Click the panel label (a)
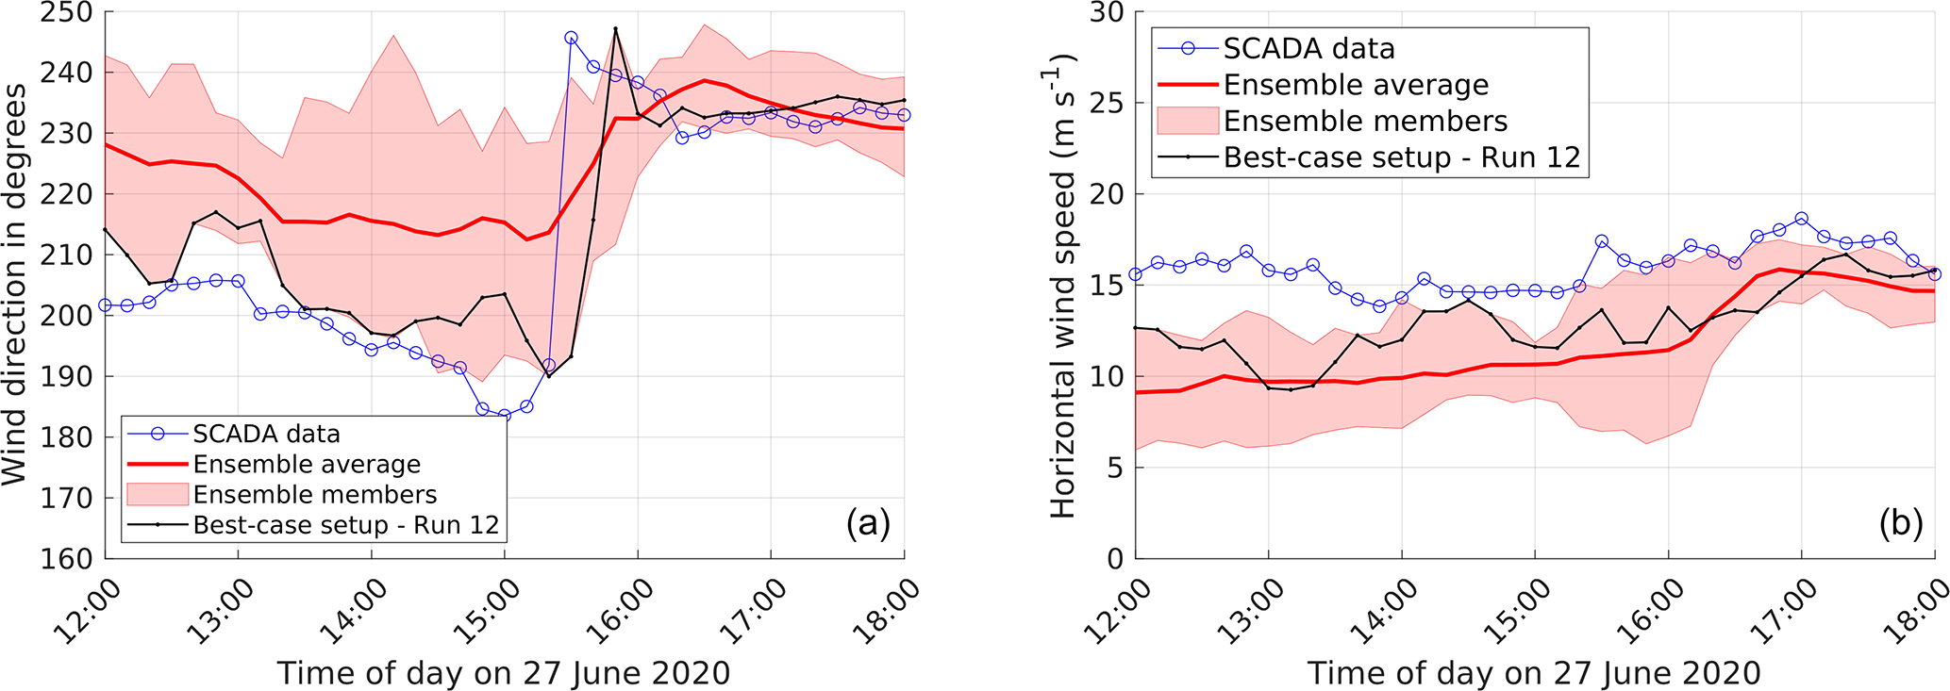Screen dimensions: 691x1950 click(868, 523)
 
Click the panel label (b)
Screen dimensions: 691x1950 click(1900, 523)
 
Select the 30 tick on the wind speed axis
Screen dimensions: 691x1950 click(1105, 13)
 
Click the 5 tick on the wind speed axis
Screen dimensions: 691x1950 click(1115, 468)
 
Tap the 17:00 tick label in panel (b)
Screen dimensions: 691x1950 click(1786, 612)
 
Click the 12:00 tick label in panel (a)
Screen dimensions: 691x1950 click(88, 612)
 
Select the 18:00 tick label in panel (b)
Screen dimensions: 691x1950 click(1917, 612)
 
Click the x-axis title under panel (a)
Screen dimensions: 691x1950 click(503, 673)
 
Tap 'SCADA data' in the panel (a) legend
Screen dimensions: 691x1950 click(266, 434)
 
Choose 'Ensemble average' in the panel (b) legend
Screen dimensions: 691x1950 click(1356, 85)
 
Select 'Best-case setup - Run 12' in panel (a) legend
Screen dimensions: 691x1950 click(345, 525)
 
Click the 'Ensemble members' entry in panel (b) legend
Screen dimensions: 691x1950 click(1365, 121)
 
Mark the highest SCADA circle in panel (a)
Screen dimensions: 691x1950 click(571, 39)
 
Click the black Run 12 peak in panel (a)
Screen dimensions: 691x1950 click(615, 28)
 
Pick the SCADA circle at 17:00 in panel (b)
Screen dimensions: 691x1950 click(1801, 219)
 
